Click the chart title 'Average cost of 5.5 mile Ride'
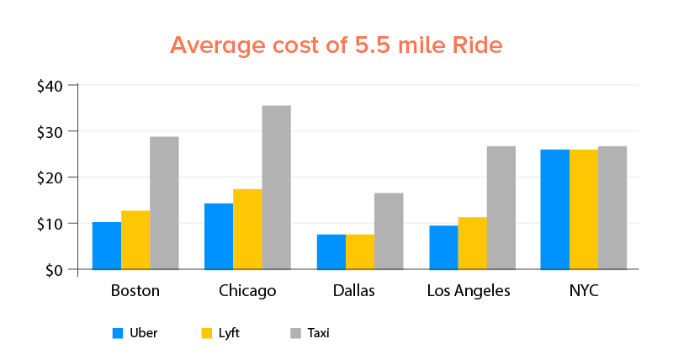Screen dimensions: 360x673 [x=336, y=45]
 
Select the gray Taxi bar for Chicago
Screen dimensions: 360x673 [x=276, y=188]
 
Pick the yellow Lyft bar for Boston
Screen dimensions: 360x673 [x=135, y=241]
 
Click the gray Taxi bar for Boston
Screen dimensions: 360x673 [x=164, y=203]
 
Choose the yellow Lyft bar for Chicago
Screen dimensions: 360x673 [x=247, y=230]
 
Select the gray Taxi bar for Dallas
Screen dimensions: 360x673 [x=389, y=231]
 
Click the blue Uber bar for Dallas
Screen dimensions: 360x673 [x=331, y=252]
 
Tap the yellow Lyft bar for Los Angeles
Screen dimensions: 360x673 [x=473, y=244]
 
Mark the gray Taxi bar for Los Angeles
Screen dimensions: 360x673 [x=501, y=208]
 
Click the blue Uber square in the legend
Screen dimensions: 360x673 [x=119, y=333]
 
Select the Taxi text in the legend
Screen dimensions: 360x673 [x=318, y=333]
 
